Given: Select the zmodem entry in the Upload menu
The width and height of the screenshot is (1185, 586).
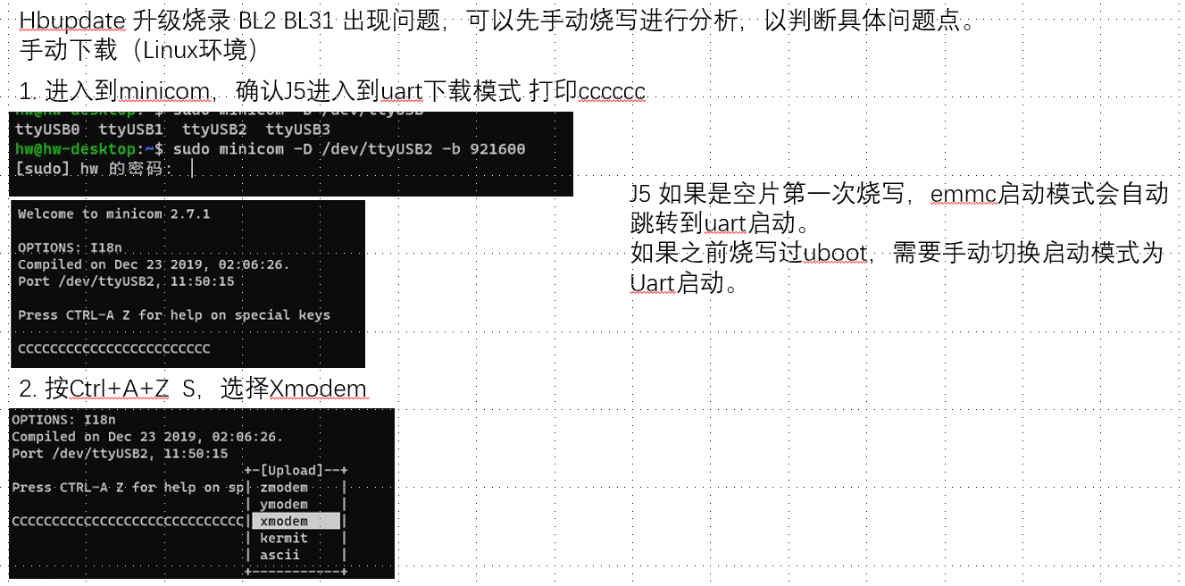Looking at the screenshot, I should click(284, 488).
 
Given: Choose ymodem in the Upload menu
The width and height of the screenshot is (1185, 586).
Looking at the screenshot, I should click(284, 505).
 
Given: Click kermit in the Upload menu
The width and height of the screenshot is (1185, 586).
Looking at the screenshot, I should click(284, 538).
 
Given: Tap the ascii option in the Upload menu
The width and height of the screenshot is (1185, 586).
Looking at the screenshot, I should click(280, 555).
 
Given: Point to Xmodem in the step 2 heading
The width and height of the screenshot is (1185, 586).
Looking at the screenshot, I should click(318, 389).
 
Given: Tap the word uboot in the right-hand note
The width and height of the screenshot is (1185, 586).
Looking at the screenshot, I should click(835, 254).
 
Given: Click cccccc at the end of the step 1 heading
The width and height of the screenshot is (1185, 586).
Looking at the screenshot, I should click(612, 91).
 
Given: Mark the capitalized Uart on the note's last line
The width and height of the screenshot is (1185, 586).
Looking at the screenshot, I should click(651, 284).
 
